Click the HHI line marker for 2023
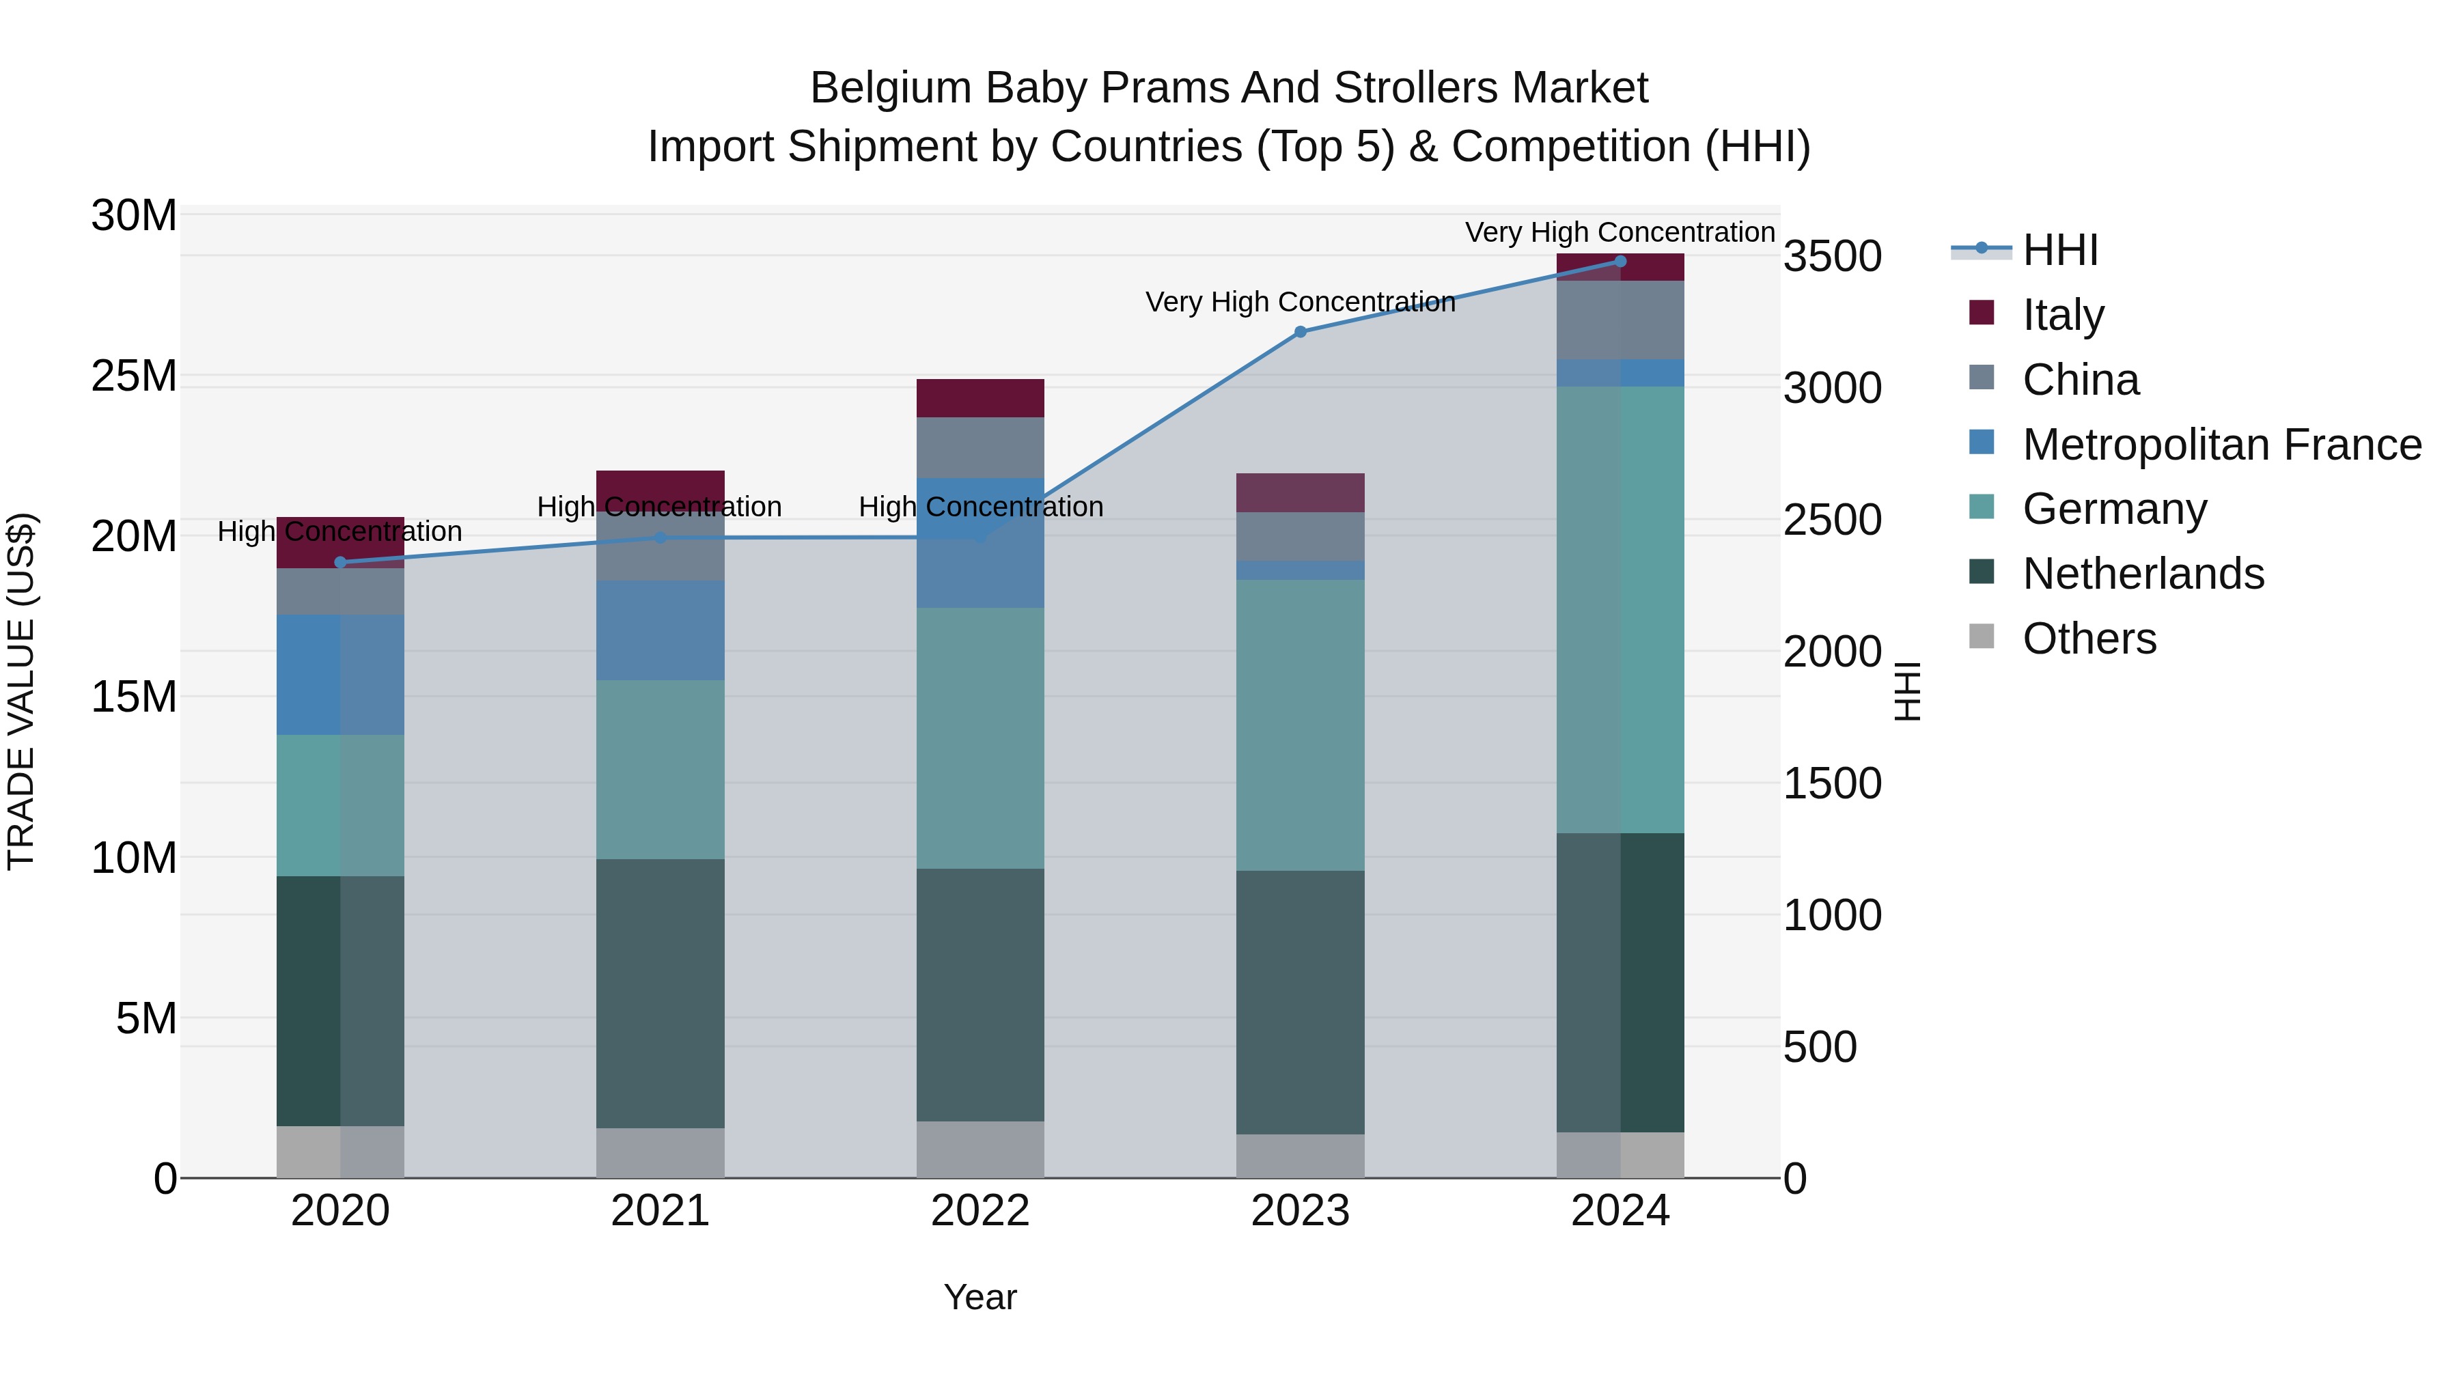pos(1300,332)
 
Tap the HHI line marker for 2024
pos(1620,262)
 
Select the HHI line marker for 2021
pos(661,538)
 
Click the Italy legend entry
pos(2062,315)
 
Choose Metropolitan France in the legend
pos(2221,445)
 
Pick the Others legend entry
pos(2089,639)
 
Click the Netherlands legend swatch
pos(1982,573)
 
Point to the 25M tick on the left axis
pos(134,377)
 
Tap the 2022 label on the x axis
pos(980,1212)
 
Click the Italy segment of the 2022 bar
pos(980,398)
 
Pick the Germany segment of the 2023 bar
pos(1300,725)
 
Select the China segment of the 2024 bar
pos(1620,320)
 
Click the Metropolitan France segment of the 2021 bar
pos(661,630)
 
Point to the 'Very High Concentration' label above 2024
pos(1620,233)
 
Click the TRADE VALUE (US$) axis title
pos(21,691)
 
